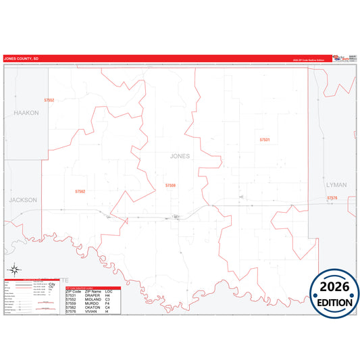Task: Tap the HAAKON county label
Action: (x=26, y=113)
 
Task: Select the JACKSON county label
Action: (x=23, y=200)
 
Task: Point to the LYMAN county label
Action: (x=336, y=184)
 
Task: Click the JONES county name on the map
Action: (x=180, y=156)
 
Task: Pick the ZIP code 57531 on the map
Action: (x=265, y=139)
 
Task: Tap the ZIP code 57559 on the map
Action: (x=171, y=185)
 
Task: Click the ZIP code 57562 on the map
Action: (x=80, y=192)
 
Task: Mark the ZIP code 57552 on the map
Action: (x=49, y=99)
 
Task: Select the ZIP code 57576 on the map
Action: (x=332, y=198)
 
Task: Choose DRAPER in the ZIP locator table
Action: (x=93, y=295)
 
